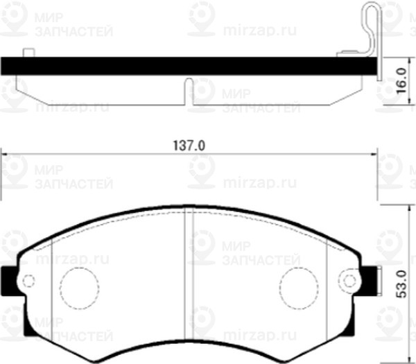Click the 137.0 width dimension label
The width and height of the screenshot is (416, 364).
click(189, 146)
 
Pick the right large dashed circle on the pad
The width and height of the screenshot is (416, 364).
click(300, 286)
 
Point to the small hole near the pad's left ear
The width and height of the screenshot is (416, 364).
click(28, 281)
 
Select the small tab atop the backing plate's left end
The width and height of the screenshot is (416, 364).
click(29, 53)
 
